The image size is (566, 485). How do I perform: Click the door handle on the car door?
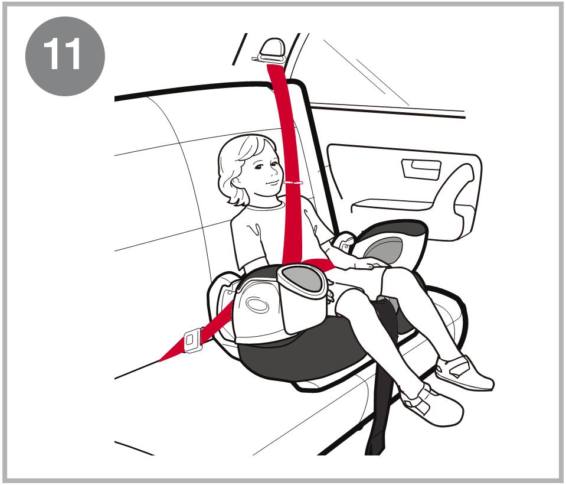click(x=421, y=169)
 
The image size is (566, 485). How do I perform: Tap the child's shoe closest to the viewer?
click(x=430, y=404)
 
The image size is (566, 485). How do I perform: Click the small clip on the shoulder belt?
click(x=293, y=183)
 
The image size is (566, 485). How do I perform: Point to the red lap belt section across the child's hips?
click(x=318, y=264)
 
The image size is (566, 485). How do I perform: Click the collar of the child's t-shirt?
click(x=266, y=206)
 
